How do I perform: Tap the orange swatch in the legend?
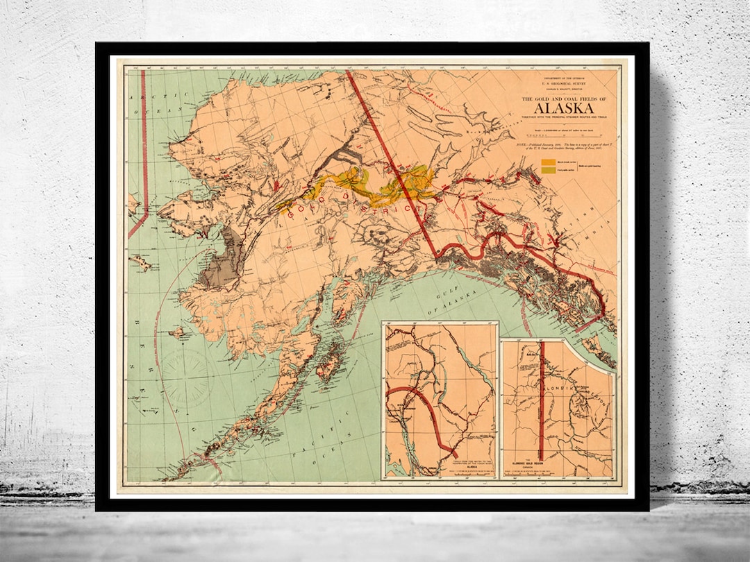click(x=549, y=162)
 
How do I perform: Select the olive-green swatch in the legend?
click(x=549, y=170)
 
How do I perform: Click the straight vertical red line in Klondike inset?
click(x=542, y=402)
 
